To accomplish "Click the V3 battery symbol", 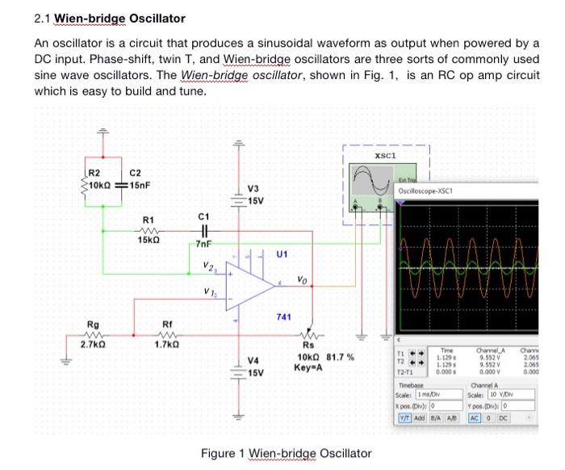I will point(236,196).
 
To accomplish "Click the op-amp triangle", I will point(249,283).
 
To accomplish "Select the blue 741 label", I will point(283,317).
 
